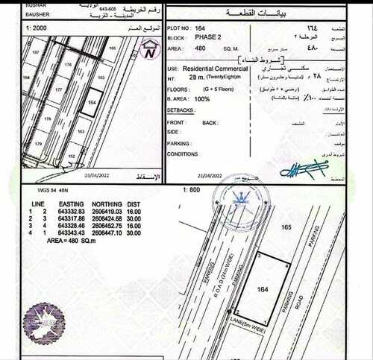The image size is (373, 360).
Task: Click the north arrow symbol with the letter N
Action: click(x=151, y=50)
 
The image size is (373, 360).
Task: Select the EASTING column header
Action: click(x=66, y=203)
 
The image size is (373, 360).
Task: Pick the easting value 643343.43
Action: click(x=66, y=233)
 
